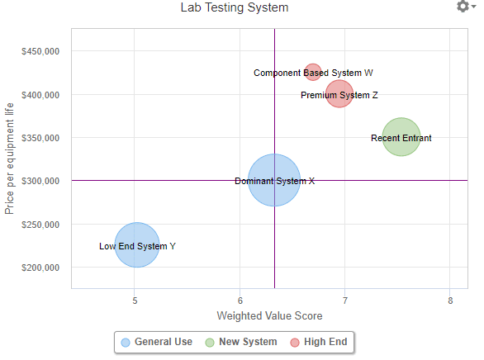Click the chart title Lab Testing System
(x=235, y=8)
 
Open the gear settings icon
(x=463, y=7)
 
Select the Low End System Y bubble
(x=136, y=245)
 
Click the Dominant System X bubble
(x=274, y=180)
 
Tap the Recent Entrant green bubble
(x=401, y=137)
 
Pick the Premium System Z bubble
(x=339, y=94)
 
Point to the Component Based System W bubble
(x=312, y=73)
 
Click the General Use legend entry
(x=157, y=342)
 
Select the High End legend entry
(x=318, y=342)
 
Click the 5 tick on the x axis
(x=135, y=301)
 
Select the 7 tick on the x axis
(x=345, y=301)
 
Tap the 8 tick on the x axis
(x=450, y=301)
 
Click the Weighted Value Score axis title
(x=269, y=316)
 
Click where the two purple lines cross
(x=274, y=180)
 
